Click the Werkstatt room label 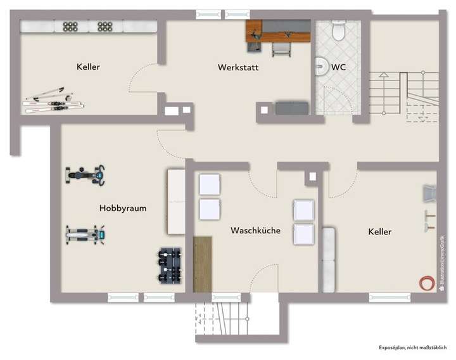tap(238, 67)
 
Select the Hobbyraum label tap(123, 207)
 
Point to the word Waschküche tap(255, 231)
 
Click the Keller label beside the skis tap(88, 67)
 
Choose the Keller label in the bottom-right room tap(379, 232)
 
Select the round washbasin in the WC tap(320, 66)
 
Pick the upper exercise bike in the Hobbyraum tap(85, 174)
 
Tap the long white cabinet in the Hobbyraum tap(175, 202)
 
